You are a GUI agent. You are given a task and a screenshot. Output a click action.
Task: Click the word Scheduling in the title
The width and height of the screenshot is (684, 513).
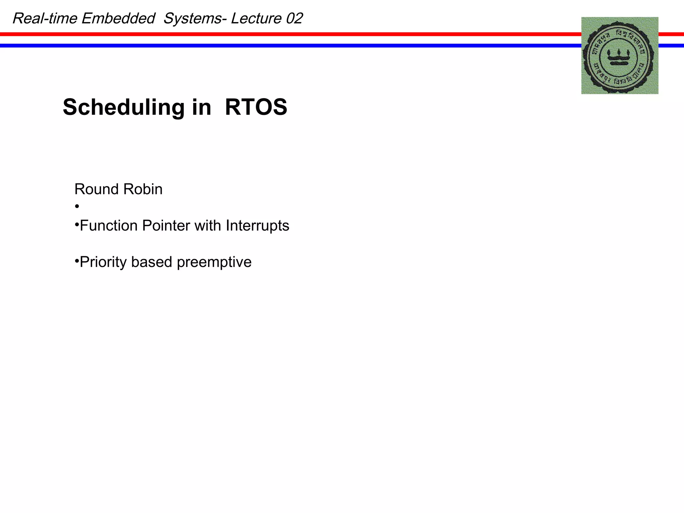click(x=123, y=108)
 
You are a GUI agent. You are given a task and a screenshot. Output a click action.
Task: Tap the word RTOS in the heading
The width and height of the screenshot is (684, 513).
click(x=256, y=107)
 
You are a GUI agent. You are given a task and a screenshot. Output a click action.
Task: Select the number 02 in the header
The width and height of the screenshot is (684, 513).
click(x=294, y=18)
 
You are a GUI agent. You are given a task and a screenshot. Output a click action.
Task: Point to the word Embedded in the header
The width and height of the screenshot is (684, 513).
click(x=118, y=18)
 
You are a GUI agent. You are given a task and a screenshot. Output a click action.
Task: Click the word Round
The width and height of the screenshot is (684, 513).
click(x=97, y=189)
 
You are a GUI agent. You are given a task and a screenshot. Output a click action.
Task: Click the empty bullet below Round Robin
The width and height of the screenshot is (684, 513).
click(x=77, y=207)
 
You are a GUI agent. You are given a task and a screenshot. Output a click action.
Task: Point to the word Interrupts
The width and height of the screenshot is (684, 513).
click(x=257, y=226)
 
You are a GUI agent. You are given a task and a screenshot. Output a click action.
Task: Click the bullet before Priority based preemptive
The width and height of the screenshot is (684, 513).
click(x=77, y=260)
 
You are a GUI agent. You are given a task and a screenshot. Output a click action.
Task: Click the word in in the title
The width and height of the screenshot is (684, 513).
click(x=201, y=108)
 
